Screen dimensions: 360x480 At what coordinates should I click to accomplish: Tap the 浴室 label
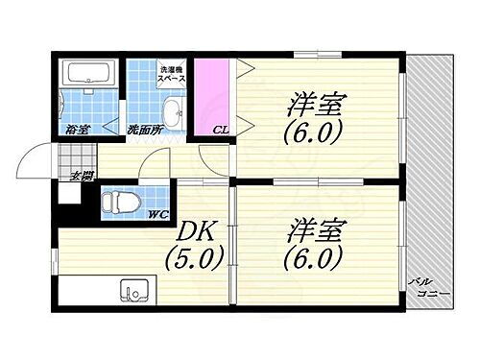pos(78,129)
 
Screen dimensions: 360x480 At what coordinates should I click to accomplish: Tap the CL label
pos(220,130)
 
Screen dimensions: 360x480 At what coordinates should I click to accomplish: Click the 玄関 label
pos(82,176)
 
